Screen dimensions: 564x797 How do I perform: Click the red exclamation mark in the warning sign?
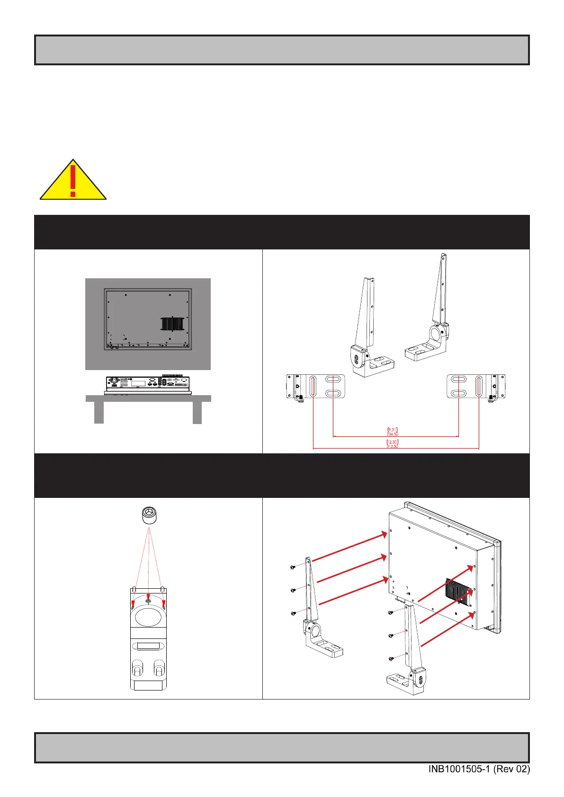point(72,179)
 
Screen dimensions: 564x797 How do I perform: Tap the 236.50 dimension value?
point(393,434)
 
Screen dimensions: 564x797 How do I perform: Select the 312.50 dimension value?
point(393,446)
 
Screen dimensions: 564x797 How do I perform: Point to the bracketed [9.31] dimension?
point(393,429)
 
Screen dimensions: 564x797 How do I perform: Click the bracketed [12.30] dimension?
point(393,442)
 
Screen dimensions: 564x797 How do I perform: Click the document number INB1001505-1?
point(459,770)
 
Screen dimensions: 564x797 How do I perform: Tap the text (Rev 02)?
point(511,770)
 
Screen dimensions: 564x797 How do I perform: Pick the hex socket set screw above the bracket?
point(149,515)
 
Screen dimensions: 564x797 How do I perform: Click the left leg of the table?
point(98,412)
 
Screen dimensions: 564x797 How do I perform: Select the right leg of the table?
point(197,412)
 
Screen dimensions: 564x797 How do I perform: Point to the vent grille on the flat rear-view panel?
point(172,324)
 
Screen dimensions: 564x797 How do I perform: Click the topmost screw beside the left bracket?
point(293,567)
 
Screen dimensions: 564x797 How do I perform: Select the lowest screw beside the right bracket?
point(391,658)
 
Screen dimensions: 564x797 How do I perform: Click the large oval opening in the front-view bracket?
point(148,617)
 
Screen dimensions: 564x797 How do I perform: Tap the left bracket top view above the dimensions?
point(315,386)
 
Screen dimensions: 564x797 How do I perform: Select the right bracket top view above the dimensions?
point(476,386)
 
